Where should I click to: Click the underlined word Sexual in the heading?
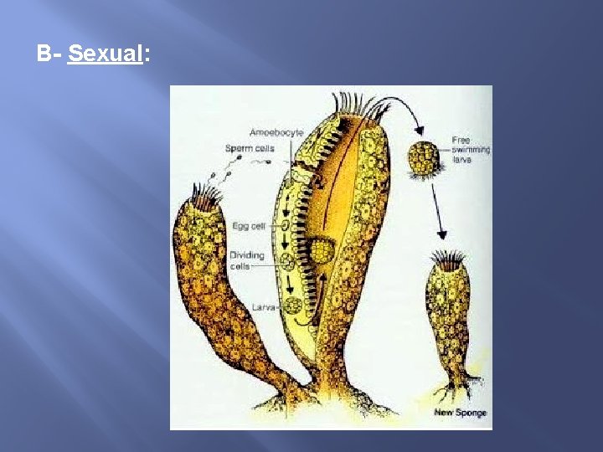pos(106,55)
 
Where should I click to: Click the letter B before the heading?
pos(44,55)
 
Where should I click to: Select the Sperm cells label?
pos(249,148)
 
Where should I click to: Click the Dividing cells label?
pos(246,260)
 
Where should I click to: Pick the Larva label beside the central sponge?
pos(263,307)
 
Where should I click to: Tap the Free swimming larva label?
pos(471,148)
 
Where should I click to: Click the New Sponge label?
pos(460,413)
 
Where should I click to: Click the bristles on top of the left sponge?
pos(208,198)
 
